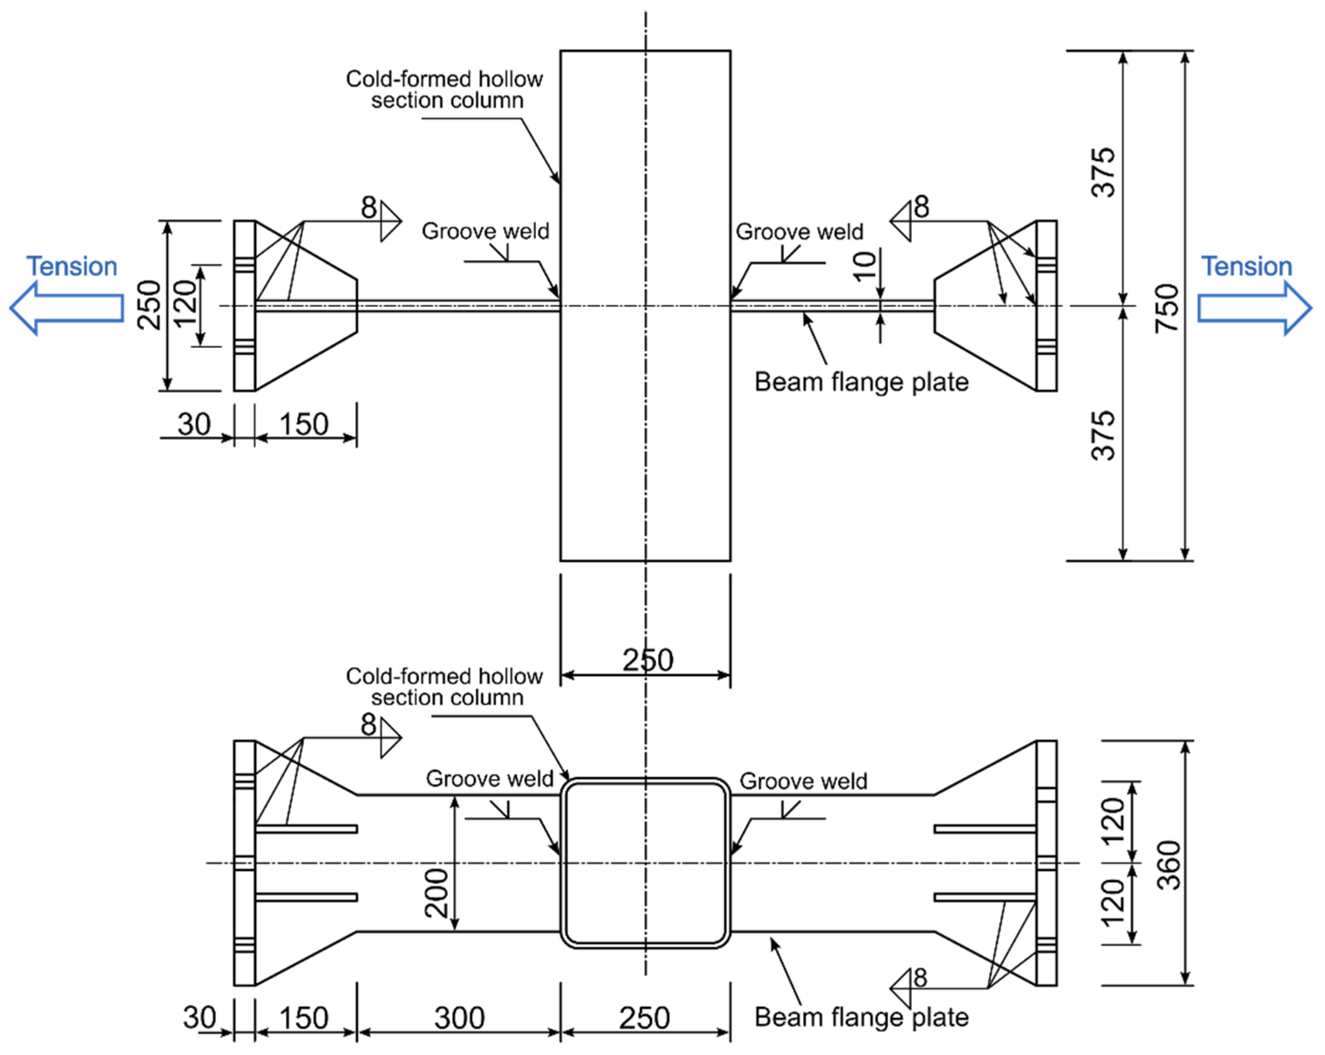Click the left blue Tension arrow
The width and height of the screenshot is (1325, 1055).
tap(67, 308)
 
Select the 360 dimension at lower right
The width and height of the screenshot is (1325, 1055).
tap(1168, 865)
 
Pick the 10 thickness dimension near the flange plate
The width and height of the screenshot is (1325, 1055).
tap(865, 266)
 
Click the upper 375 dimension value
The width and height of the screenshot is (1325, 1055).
tap(1103, 173)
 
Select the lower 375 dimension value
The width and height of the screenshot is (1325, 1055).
tap(1103, 436)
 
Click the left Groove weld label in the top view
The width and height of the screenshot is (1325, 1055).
tap(485, 232)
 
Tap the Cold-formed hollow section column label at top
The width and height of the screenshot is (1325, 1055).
tap(444, 90)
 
